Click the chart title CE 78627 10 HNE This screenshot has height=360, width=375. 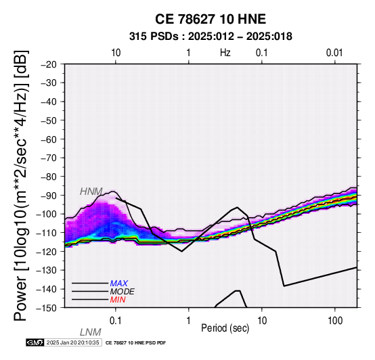[x=211, y=19]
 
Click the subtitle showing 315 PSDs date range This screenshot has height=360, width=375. [x=211, y=37]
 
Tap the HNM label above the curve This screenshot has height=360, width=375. [x=91, y=192]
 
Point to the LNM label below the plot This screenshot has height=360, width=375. [x=91, y=332]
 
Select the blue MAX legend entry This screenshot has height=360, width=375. [x=119, y=284]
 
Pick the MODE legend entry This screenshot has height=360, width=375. [x=123, y=292]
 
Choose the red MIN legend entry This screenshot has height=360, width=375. [x=118, y=300]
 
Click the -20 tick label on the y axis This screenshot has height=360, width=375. [x=49, y=64]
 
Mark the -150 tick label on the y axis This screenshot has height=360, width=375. [x=47, y=308]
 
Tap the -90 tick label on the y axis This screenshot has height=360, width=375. [x=49, y=196]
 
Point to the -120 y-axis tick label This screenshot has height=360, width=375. [x=47, y=252]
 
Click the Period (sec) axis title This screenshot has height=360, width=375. [x=225, y=328]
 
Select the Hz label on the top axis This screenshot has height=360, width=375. [x=225, y=53]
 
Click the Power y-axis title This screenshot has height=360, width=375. [x=21, y=186]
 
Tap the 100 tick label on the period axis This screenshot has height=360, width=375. [x=335, y=321]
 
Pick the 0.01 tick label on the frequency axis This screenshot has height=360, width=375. [x=334, y=53]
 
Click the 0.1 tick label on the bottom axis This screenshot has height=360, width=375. [x=115, y=321]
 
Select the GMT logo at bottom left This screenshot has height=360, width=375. [x=35, y=343]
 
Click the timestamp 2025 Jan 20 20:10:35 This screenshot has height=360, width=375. [x=73, y=343]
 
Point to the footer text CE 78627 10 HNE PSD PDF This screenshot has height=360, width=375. [x=135, y=343]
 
